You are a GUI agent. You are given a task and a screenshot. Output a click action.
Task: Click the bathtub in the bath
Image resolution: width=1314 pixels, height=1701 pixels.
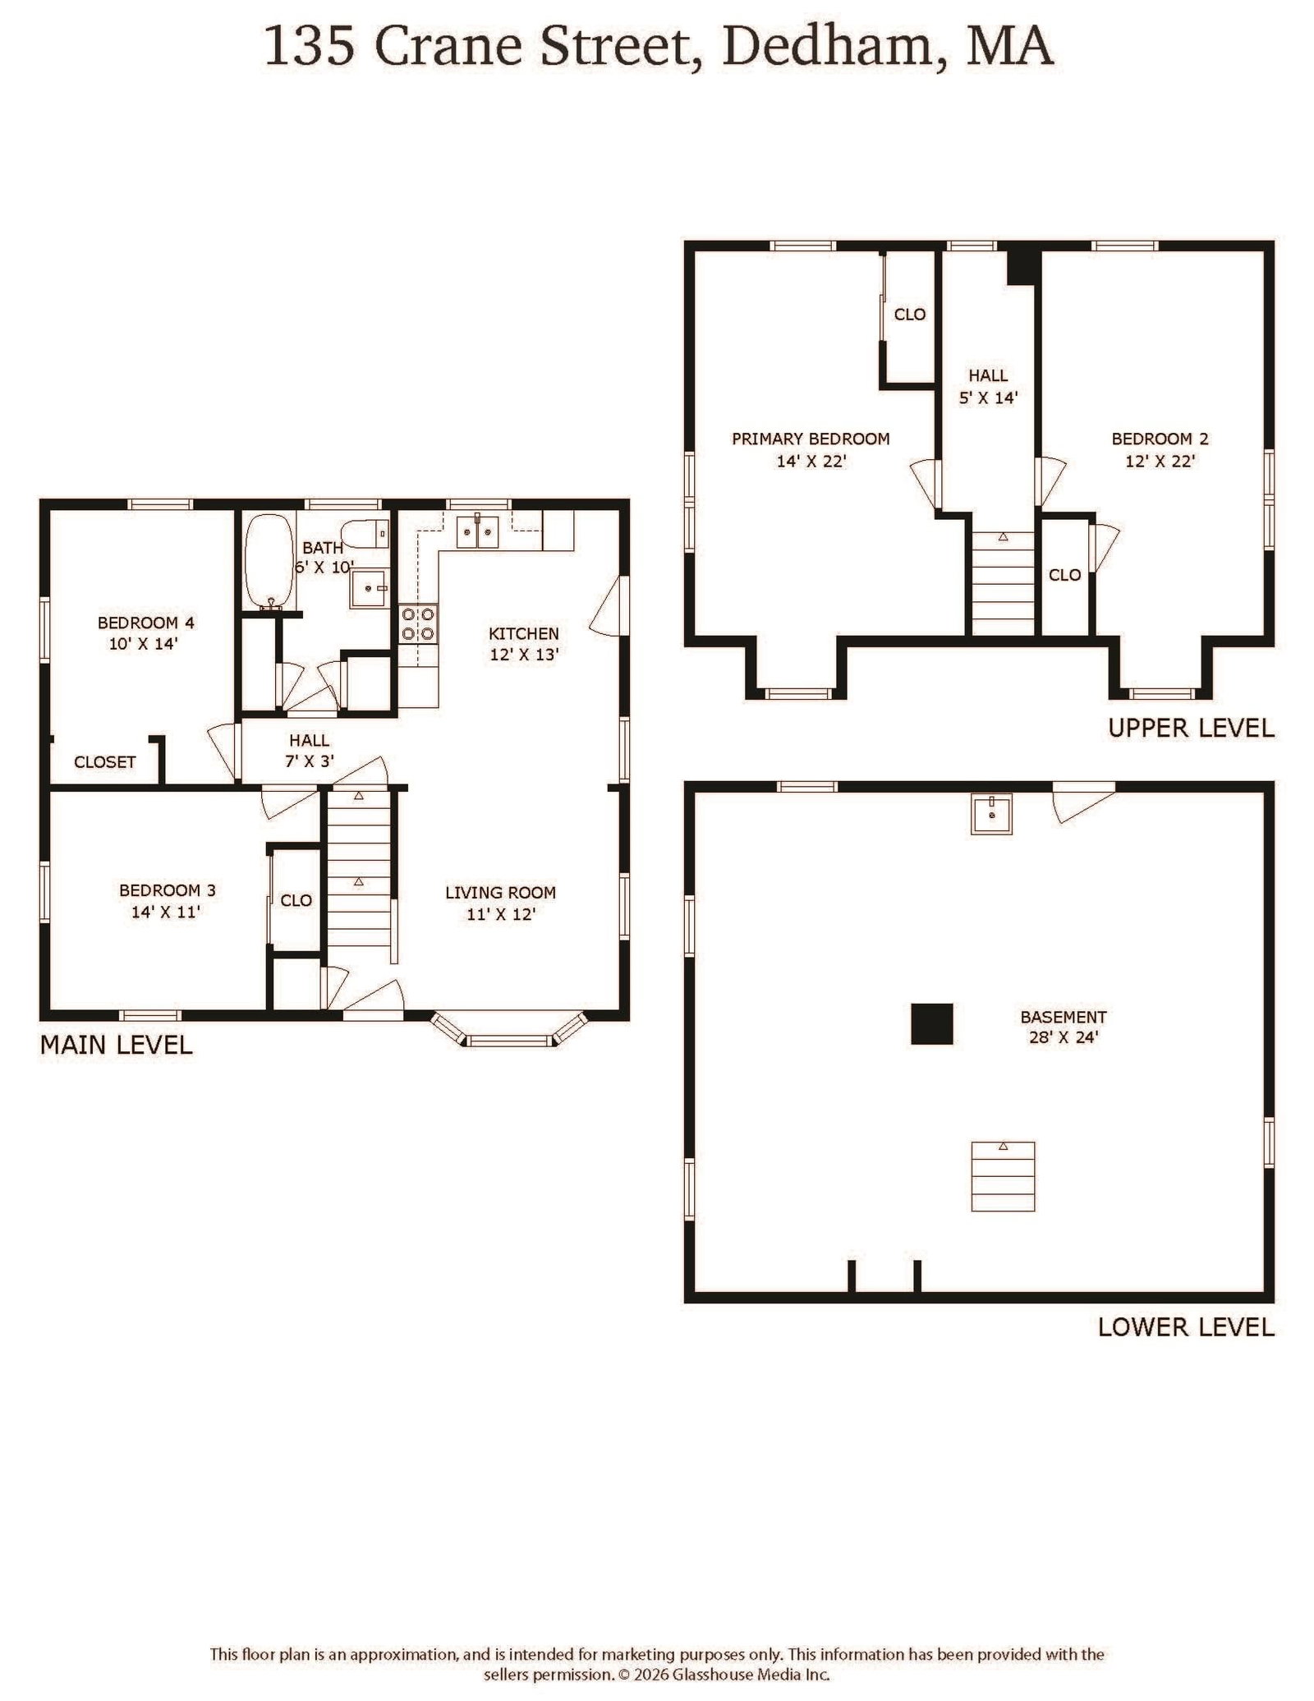269,562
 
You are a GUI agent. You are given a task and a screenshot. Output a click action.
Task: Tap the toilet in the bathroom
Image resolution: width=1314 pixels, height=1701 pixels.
365,534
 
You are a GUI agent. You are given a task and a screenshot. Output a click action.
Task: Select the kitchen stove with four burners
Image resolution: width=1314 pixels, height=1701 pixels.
418,623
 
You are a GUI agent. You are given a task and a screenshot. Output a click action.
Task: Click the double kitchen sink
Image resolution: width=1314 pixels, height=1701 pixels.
478,532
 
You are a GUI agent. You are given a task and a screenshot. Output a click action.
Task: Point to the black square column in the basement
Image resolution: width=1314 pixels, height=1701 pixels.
932,1023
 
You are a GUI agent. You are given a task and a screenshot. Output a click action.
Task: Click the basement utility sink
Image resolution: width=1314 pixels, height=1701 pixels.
992,813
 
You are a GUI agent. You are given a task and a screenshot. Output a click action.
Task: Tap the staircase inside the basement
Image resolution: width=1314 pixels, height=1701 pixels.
1003,1176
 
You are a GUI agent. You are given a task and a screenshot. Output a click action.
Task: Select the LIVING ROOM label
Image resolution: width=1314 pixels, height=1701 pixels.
500,892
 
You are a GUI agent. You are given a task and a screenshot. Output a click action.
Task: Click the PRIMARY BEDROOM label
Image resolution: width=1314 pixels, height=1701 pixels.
811,439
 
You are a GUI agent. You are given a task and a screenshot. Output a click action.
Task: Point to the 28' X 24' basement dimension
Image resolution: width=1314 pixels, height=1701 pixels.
1064,1037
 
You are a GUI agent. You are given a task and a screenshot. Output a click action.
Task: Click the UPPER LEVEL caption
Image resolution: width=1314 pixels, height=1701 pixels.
1191,728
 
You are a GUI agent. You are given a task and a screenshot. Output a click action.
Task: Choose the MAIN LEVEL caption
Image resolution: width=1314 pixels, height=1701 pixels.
117,1045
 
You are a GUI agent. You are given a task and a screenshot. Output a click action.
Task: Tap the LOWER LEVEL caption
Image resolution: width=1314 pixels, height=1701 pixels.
1186,1327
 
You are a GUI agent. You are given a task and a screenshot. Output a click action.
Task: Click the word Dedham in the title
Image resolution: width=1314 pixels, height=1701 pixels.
828,46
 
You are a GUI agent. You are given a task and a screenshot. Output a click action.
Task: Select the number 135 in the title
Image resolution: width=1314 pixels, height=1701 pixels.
310,47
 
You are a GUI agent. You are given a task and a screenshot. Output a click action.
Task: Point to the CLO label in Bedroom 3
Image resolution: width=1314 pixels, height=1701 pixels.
296,900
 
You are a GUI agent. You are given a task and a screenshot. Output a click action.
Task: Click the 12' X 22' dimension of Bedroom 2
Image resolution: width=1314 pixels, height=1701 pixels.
1160,461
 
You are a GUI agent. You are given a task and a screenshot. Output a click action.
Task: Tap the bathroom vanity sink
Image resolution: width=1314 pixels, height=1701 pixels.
370,587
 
